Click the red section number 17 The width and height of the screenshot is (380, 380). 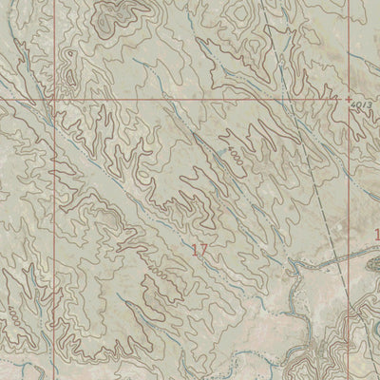pyautogui.click(x=199, y=250)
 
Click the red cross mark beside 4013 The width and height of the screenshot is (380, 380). pyautogui.click(x=348, y=98)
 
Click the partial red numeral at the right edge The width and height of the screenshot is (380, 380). pyautogui.click(x=376, y=233)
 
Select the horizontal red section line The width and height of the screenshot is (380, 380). pyautogui.click(x=190, y=97)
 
